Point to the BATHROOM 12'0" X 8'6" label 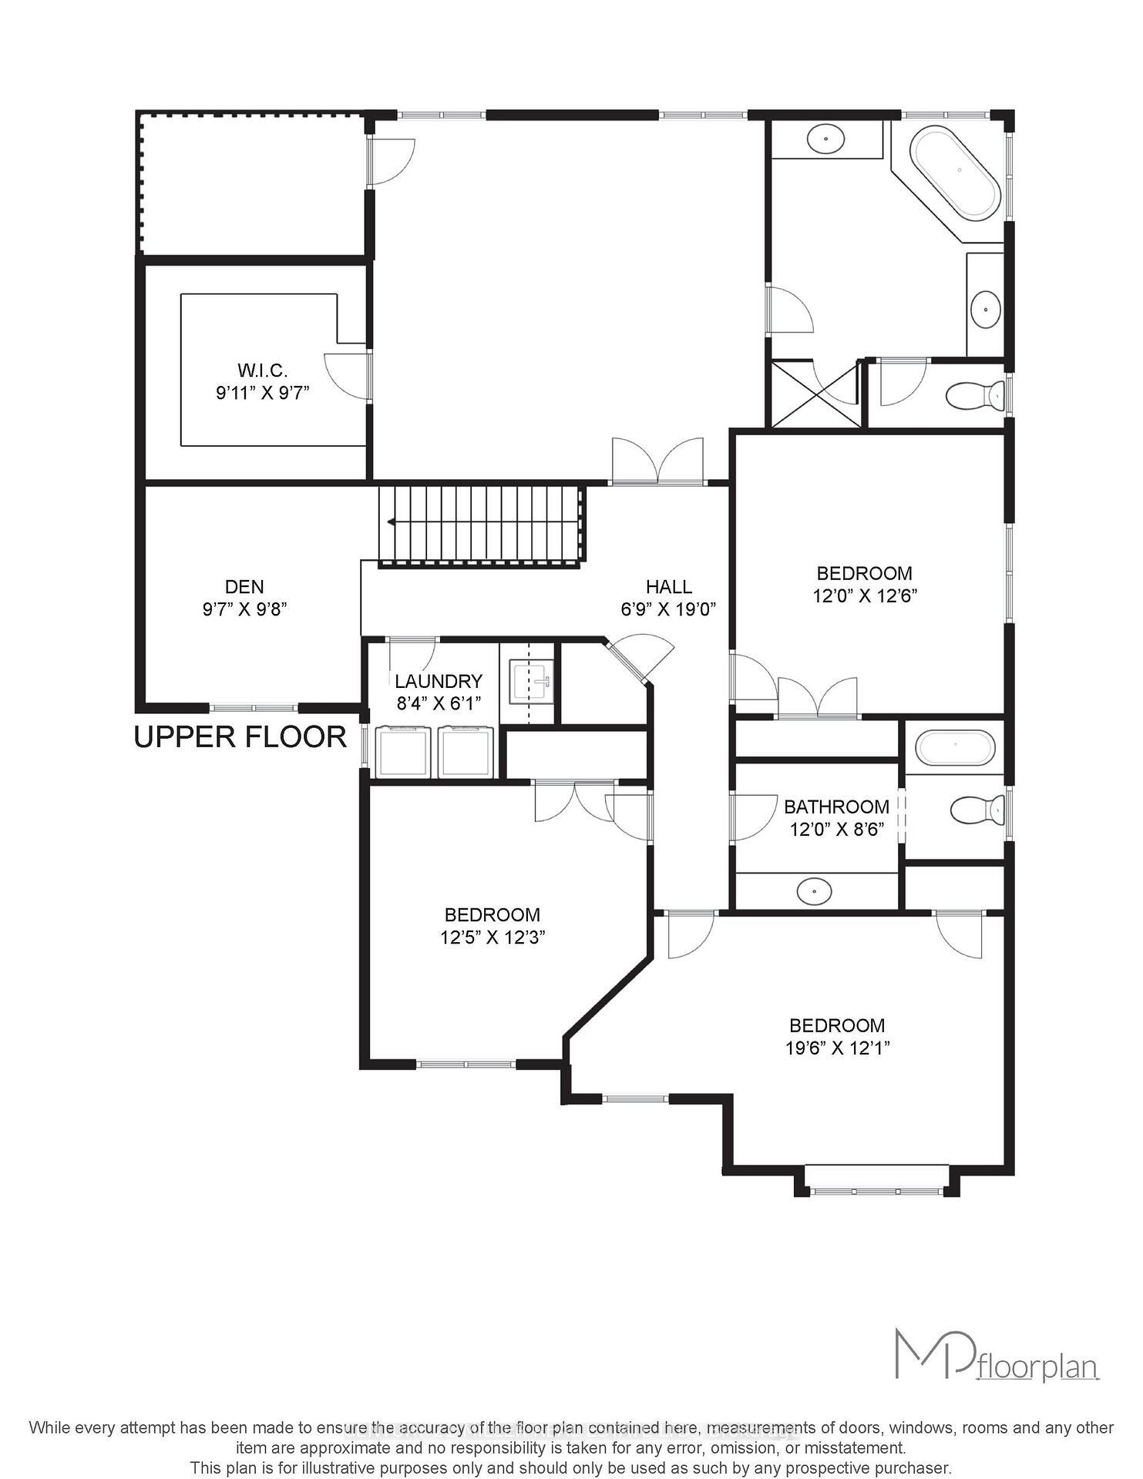pos(836,818)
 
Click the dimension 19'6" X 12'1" pos(837,1048)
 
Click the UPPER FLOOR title pos(240,737)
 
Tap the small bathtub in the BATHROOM pos(955,747)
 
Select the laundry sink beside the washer pos(532,682)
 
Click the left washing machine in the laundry pos(403,752)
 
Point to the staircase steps pos(479,524)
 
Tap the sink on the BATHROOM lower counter pos(815,891)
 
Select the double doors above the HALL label pos(657,462)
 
